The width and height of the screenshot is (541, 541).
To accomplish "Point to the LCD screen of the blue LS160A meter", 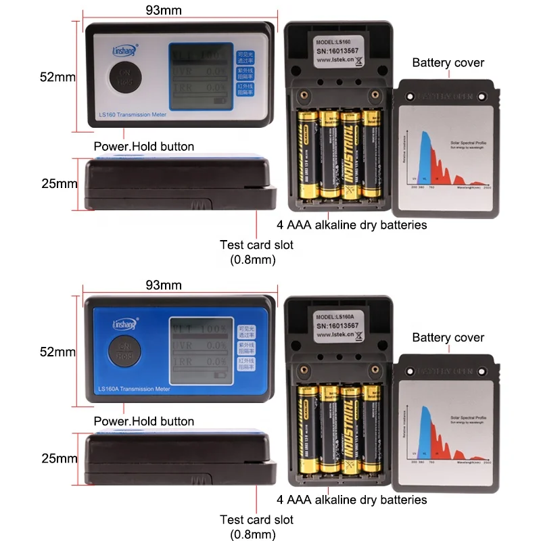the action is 199,350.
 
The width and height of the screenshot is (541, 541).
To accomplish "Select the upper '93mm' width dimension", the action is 164,9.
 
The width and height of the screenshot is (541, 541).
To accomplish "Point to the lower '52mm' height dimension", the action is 57,352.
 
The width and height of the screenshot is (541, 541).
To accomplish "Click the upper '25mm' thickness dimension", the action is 57,183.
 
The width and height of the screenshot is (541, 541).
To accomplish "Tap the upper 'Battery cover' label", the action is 448,63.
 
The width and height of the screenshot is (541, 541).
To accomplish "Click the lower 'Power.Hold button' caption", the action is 145,421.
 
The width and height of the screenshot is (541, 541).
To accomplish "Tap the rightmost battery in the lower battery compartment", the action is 371,429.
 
